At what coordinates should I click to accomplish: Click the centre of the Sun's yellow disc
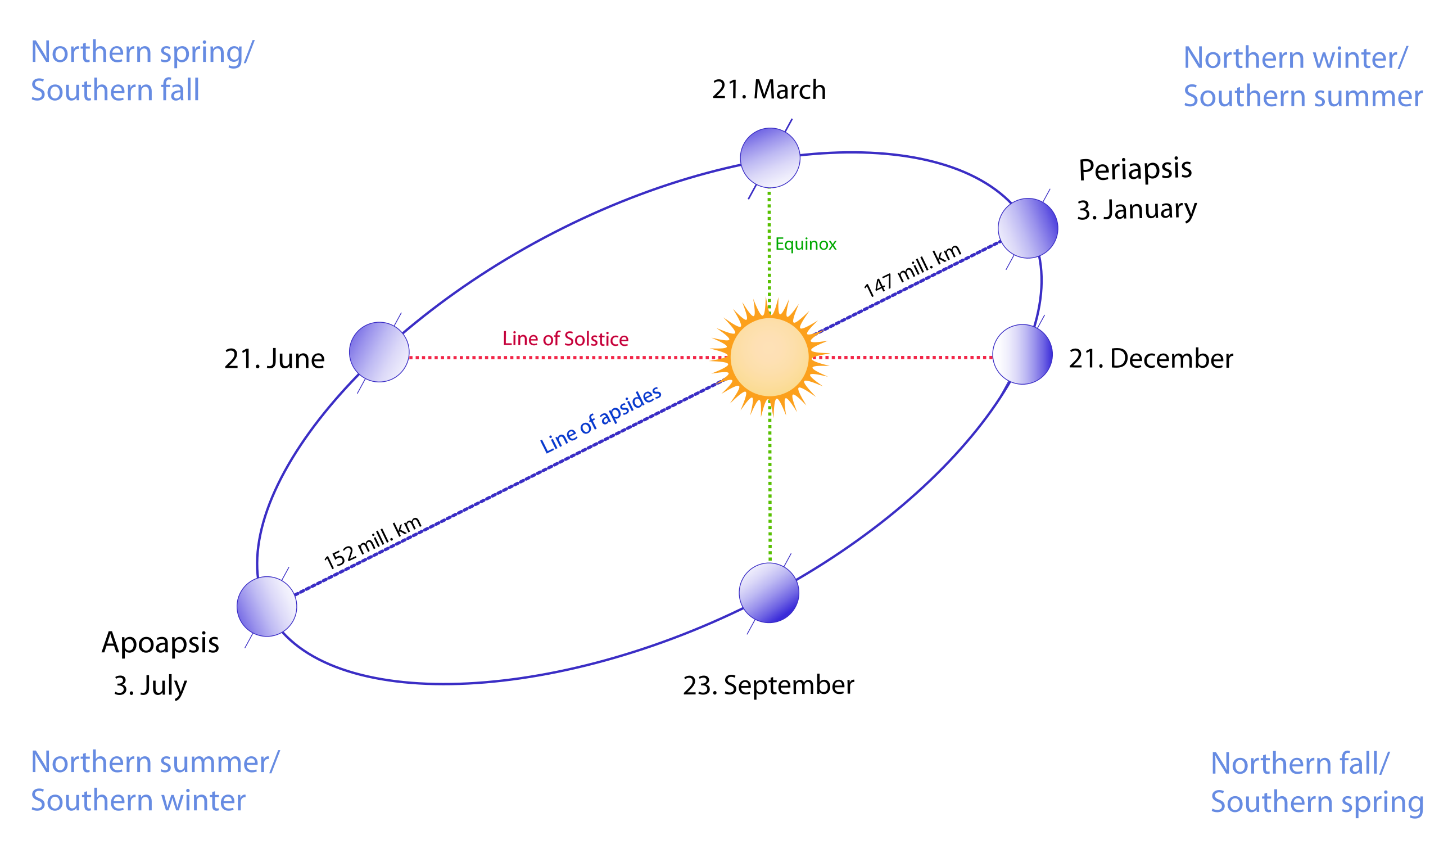[770, 358]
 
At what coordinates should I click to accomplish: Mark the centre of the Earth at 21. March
[770, 157]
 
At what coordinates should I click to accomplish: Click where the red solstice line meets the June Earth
[409, 358]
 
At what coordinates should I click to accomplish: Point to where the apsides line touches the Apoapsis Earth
[295, 595]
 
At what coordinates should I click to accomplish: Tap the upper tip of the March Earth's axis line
[792, 119]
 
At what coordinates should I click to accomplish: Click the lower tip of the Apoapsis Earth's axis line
[245, 648]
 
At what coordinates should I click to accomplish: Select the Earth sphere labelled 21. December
[1022, 354]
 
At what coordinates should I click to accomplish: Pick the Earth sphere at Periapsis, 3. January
[1028, 228]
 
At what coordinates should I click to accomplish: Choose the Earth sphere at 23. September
[768, 593]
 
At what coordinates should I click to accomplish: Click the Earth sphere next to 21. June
[379, 352]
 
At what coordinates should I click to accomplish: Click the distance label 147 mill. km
[912, 270]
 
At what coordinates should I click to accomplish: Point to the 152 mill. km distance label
[372, 543]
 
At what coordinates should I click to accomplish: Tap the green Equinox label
[806, 245]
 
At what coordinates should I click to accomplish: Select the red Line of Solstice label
[565, 338]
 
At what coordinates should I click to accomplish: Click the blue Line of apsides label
[601, 419]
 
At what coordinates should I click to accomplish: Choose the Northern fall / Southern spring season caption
[1317, 782]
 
